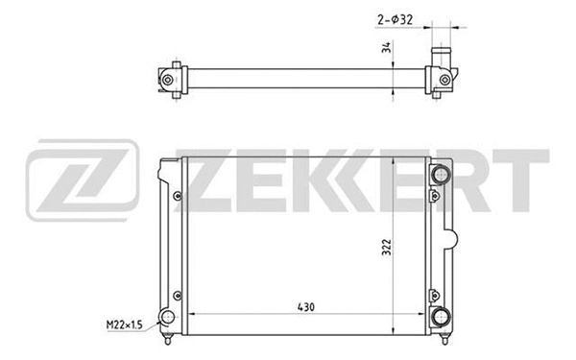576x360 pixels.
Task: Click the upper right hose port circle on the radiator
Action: click(x=442, y=175)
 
